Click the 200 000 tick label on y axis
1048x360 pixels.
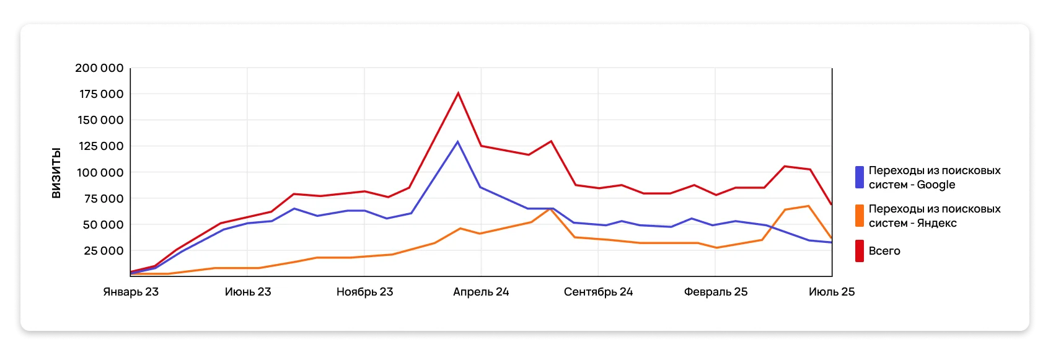[99, 68]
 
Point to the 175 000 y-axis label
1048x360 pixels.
[101, 94]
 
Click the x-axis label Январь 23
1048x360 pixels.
[131, 292]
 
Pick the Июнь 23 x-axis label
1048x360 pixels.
[248, 292]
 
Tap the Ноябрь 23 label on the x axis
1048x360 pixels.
[364, 292]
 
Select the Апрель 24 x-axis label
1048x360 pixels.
[481, 292]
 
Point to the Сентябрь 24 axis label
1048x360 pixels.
[598, 292]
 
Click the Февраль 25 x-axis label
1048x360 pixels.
[716, 292]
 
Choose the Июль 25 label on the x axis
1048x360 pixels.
[831, 292]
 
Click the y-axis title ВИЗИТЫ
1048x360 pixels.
[56, 173]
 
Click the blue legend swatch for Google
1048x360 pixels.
[860, 177]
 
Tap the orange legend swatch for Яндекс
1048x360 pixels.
[860, 216]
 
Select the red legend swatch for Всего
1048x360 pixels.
[860, 251]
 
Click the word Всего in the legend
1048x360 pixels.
[884, 251]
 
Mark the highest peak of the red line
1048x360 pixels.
[458, 94]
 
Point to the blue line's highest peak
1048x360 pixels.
[458, 142]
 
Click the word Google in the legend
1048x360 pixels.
[936, 185]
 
